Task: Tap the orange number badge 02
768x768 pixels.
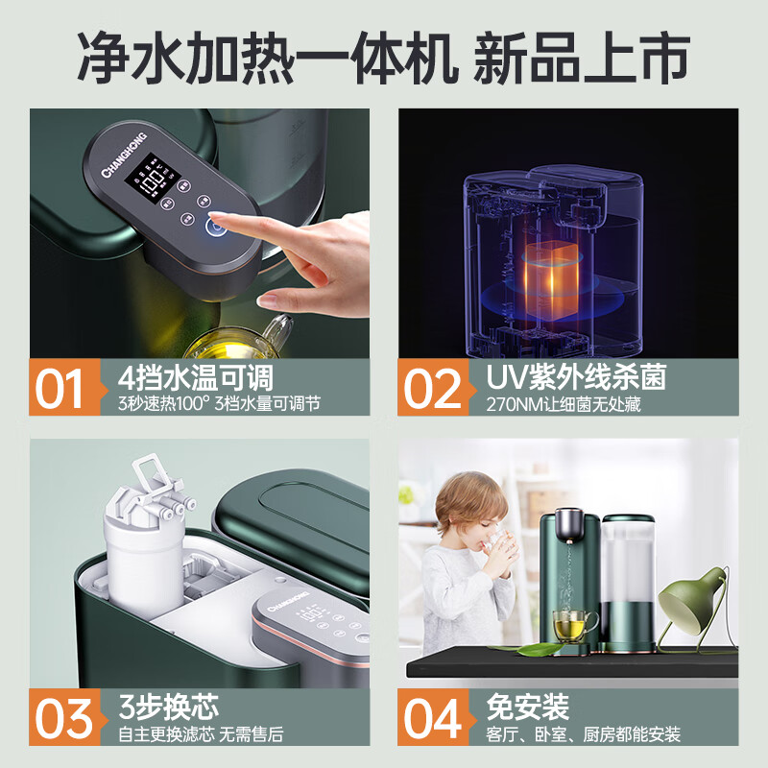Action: (x=433, y=388)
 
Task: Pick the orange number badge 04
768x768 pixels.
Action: (x=433, y=719)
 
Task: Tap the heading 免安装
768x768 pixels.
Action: (x=528, y=707)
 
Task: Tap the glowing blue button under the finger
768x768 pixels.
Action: (x=213, y=228)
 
